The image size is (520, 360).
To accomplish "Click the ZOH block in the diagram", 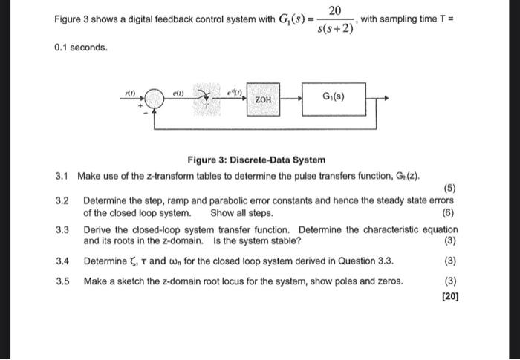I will pyautogui.click(x=263, y=99).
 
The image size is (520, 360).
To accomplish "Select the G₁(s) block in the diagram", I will pyautogui.click(x=333, y=97).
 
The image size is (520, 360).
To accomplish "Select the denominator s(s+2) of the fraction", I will pyautogui.click(x=335, y=30).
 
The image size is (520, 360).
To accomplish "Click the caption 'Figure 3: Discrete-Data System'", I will pyautogui.click(x=256, y=160).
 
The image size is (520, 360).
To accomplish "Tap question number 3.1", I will pyautogui.click(x=62, y=176).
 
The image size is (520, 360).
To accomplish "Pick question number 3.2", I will pyautogui.click(x=62, y=200).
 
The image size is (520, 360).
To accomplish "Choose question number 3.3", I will pyautogui.click(x=62, y=230).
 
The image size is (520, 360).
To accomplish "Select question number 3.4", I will pyautogui.click(x=62, y=261).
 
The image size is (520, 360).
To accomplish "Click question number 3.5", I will pyautogui.click(x=62, y=281).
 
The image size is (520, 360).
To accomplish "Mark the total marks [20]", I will pyautogui.click(x=450, y=296).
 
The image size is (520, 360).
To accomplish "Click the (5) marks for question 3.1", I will pyautogui.click(x=450, y=188).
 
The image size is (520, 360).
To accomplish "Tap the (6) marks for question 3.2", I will pyautogui.click(x=450, y=212).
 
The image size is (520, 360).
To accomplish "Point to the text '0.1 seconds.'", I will pyautogui.click(x=81, y=48).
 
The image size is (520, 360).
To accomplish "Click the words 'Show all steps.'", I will pyautogui.click(x=241, y=212).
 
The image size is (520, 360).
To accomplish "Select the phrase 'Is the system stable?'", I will pyautogui.click(x=257, y=241).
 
